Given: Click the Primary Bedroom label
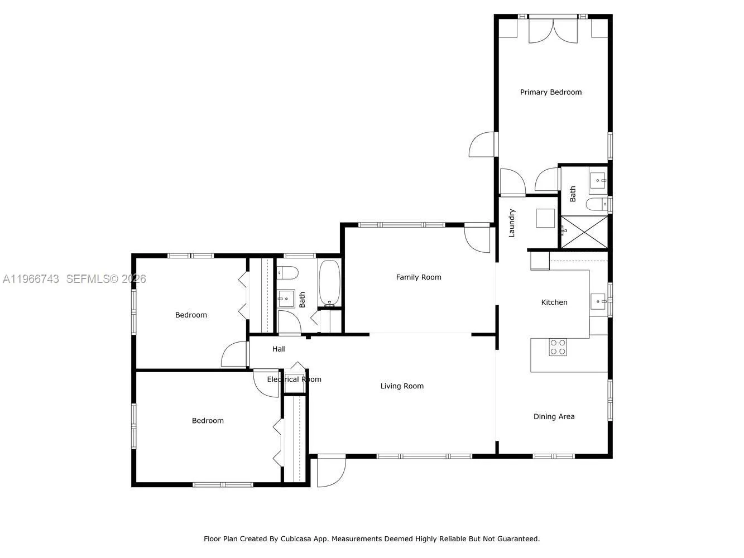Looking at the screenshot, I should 550,92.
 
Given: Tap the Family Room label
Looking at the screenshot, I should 418,277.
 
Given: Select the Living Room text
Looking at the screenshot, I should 402,386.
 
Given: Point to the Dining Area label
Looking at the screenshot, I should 554,417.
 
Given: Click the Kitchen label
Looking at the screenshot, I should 554,302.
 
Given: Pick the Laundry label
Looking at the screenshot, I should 512,223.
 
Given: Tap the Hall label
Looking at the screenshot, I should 279,349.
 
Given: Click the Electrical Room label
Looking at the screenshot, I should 294,379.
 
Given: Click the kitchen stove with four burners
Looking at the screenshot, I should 558,347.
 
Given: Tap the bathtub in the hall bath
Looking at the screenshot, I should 329,283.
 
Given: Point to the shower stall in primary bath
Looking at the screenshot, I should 584,232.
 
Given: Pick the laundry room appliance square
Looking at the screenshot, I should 545,218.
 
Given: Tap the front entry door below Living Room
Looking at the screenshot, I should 330,472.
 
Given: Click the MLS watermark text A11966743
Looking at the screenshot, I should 31,279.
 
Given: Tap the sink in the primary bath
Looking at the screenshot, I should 598,180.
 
